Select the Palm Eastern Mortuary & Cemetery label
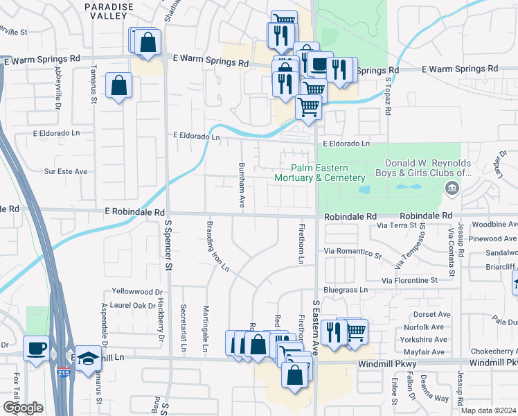click(319, 173)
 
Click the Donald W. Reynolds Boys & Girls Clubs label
click(423, 168)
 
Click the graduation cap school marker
click(88, 358)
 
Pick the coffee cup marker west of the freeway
click(35, 349)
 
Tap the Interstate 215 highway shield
click(64, 373)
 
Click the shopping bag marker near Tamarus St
click(118, 85)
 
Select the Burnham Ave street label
click(242, 185)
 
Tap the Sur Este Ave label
click(66, 171)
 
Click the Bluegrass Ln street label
click(345, 288)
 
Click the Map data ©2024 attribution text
click(488, 410)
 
